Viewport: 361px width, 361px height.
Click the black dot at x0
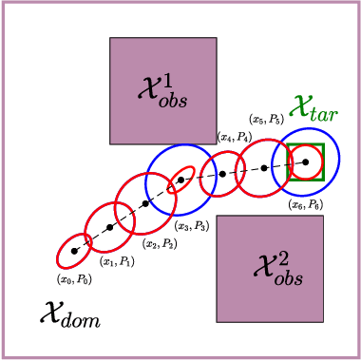pyautogui.click(x=74, y=252)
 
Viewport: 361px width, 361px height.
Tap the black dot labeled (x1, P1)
pyautogui.click(x=109, y=228)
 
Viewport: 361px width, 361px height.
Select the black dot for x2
pyautogui.click(x=144, y=203)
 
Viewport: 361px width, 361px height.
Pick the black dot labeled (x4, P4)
pyautogui.click(x=222, y=174)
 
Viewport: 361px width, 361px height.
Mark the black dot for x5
pyautogui.click(x=265, y=168)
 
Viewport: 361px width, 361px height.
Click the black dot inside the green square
pyautogui.click(x=306, y=162)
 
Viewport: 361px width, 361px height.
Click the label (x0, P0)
pyautogui.click(x=74, y=279)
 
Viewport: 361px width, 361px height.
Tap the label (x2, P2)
pyautogui.click(x=158, y=243)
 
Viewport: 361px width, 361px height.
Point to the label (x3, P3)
pyautogui.click(x=191, y=225)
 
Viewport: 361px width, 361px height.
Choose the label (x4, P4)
pyautogui.click(x=234, y=138)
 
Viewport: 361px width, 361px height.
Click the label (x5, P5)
pyautogui.click(x=265, y=120)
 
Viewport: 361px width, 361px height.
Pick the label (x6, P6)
pyautogui.click(x=305, y=204)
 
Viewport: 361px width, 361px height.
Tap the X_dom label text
pyautogui.click(x=70, y=313)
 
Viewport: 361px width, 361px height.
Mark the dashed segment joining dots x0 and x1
pyautogui.click(x=91, y=240)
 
